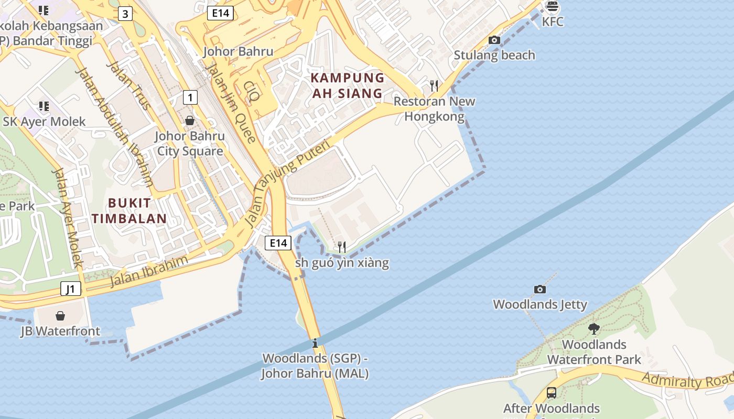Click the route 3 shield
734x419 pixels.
[x=125, y=14]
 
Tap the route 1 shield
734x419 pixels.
[x=190, y=97]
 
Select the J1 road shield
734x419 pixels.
[x=71, y=289]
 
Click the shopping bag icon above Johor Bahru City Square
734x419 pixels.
[x=190, y=120]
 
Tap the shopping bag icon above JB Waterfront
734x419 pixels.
[x=60, y=316]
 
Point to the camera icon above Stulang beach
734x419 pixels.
[x=494, y=40]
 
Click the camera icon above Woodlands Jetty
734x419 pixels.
[x=539, y=289]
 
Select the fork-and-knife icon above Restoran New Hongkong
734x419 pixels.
[x=434, y=85]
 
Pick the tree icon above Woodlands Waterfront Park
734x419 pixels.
[x=593, y=329]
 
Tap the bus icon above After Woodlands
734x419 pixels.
[x=551, y=392]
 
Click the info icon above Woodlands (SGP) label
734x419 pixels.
[x=315, y=344]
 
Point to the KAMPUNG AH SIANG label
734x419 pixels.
[x=347, y=86]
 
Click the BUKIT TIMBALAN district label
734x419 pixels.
[x=129, y=211]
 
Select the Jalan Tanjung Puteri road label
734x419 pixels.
[x=288, y=183]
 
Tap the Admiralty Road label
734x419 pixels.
[x=687, y=380]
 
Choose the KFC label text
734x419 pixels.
[x=553, y=22]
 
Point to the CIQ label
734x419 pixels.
[x=252, y=91]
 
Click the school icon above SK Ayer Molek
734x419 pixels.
[x=44, y=106]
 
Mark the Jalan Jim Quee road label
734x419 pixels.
[x=230, y=102]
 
